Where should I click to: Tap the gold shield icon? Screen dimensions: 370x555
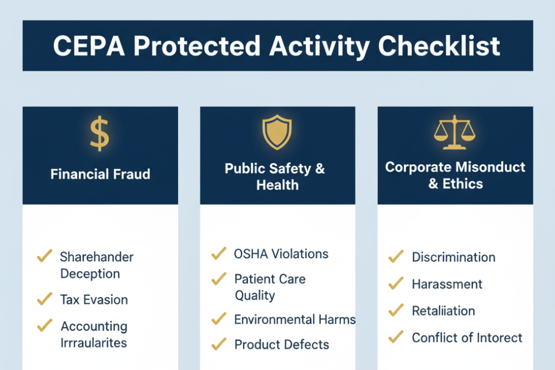point(277,133)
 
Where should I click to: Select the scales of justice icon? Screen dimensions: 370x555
point(455,133)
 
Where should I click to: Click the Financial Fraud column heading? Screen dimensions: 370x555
point(100,174)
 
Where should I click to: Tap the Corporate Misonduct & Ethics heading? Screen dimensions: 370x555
point(455,175)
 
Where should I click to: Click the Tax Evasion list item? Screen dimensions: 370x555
point(94,300)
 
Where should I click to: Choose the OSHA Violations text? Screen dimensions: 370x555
point(281,254)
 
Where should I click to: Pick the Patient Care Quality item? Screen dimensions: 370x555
point(270,287)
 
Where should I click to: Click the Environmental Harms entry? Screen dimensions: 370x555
point(294,320)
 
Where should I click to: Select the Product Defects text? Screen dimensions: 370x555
point(281,344)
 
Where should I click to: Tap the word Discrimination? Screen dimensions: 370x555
point(453,257)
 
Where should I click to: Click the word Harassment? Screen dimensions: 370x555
point(447,284)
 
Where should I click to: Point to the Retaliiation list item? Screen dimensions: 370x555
point(443,311)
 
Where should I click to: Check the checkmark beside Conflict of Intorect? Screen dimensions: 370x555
point(395,336)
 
